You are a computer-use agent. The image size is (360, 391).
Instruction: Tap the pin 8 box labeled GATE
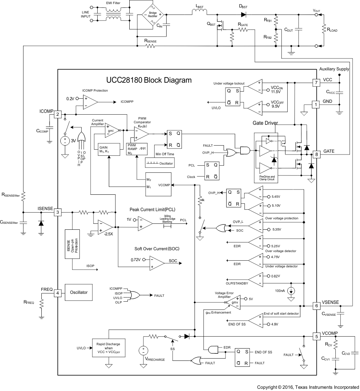coord(316,155)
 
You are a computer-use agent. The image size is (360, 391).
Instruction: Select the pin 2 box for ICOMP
coord(58,114)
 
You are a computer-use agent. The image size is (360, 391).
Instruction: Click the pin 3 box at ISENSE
coord(58,212)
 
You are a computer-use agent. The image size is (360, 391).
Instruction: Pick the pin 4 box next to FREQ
coord(58,293)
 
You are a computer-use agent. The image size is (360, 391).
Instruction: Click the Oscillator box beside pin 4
coord(79,293)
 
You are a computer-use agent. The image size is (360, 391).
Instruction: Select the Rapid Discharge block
coord(108,348)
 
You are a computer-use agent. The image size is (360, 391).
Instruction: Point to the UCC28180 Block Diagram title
coord(149,80)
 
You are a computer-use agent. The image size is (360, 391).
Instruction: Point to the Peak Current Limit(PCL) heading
coord(152,210)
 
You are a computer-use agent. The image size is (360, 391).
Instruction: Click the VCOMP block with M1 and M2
coord(158,184)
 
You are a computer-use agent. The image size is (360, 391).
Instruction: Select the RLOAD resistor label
coord(332,30)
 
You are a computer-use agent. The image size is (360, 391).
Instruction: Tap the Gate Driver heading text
coord(265,123)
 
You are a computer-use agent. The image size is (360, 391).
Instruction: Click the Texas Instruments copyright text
coord(308,387)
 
